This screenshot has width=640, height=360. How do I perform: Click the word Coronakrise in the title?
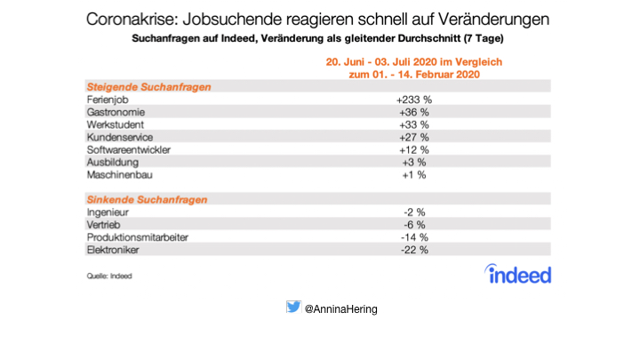tap(132, 19)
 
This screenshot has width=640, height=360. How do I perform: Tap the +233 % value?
tap(413, 100)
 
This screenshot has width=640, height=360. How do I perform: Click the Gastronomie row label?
tap(115, 113)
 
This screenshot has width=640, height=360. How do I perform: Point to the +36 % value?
tap(413, 113)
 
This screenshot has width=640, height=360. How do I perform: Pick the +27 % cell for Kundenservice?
tap(413, 138)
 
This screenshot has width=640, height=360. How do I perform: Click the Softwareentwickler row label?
tap(128, 150)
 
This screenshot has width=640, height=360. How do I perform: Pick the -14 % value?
tap(414, 238)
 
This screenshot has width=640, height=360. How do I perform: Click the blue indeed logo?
tap(518, 274)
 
